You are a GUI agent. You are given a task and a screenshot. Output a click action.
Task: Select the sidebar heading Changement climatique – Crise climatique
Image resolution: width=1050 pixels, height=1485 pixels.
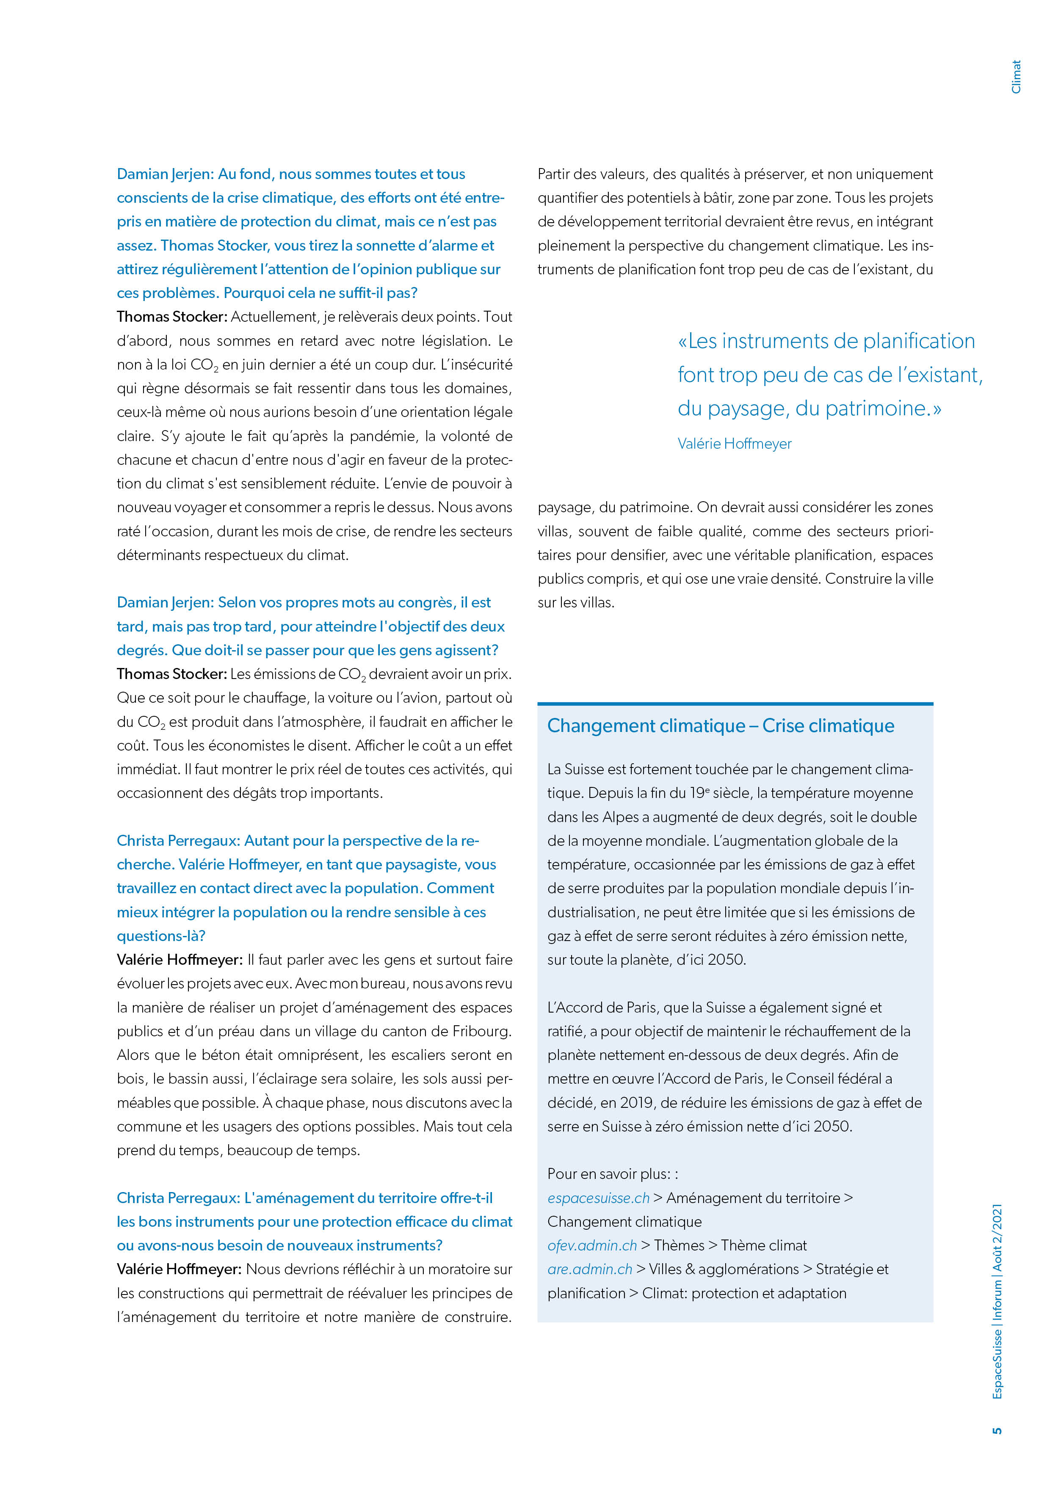point(720,726)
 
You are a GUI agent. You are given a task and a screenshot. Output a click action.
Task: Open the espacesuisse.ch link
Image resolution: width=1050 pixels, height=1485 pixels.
point(598,1198)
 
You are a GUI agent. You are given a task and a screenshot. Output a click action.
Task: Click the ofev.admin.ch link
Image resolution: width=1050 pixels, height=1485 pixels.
point(591,1245)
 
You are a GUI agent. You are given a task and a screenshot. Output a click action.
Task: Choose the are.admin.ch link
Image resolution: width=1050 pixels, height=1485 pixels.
point(589,1269)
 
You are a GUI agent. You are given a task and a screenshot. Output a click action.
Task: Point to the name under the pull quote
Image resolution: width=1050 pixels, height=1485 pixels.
point(734,444)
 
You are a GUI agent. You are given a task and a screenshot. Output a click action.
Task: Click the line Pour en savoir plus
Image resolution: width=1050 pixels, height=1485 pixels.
point(612,1174)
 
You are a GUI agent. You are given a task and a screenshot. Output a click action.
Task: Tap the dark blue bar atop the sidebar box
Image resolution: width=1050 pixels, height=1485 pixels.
point(735,703)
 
